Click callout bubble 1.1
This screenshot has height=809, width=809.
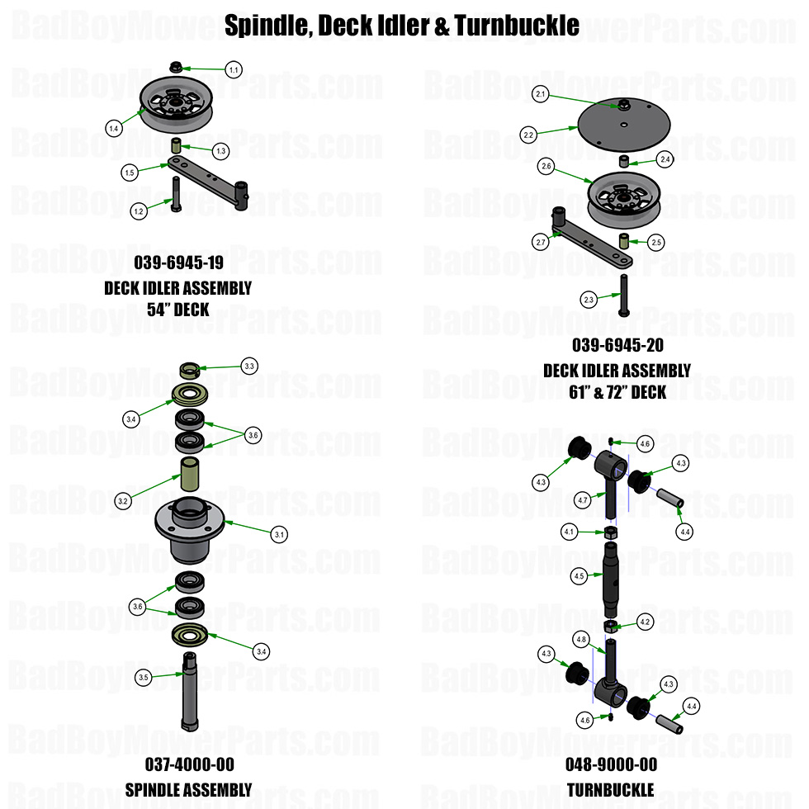(x=234, y=70)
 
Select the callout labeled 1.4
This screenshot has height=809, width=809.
(x=115, y=127)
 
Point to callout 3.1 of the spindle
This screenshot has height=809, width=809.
(x=280, y=534)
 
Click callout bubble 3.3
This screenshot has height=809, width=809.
(x=249, y=365)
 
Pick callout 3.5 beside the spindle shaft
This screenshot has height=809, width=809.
(x=144, y=677)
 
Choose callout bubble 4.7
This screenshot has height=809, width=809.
(x=583, y=499)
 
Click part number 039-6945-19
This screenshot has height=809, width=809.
(x=177, y=264)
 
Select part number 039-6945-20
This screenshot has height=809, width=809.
(x=617, y=346)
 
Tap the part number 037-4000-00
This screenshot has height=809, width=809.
(x=189, y=765)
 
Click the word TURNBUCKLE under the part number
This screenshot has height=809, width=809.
(x=610, y=790)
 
